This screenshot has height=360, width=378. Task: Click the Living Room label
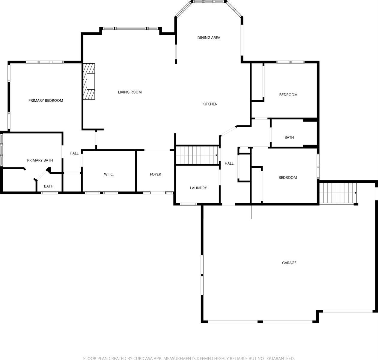point(129,92)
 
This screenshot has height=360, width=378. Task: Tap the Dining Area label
point(209,38)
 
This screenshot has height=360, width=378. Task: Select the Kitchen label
point(210,104)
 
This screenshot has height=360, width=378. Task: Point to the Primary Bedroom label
point(46,100)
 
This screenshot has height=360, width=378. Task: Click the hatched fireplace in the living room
point(89,81)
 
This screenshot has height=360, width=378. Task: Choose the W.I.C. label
point(109,174)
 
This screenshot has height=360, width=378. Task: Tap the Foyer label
point(155,174)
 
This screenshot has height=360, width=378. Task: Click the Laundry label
point(198,188)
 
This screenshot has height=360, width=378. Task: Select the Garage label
point(289,263)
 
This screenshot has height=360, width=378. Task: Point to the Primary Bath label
point(40,160)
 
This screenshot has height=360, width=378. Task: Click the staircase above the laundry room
point(197,155)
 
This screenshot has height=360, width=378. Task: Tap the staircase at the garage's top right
point(338,193)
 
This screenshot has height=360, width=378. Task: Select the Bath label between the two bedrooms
point(289,137)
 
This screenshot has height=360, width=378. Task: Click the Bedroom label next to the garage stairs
point(287,178)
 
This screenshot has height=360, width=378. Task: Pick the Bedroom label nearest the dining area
point(288,95)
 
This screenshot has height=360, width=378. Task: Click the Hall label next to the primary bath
point(74,153)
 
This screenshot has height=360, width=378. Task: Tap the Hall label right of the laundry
point(229,163)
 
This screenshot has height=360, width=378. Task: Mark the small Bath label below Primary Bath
point(49,186)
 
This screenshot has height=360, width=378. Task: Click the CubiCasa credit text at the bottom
point(189,358)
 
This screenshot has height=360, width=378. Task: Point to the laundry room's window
point(188,204)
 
